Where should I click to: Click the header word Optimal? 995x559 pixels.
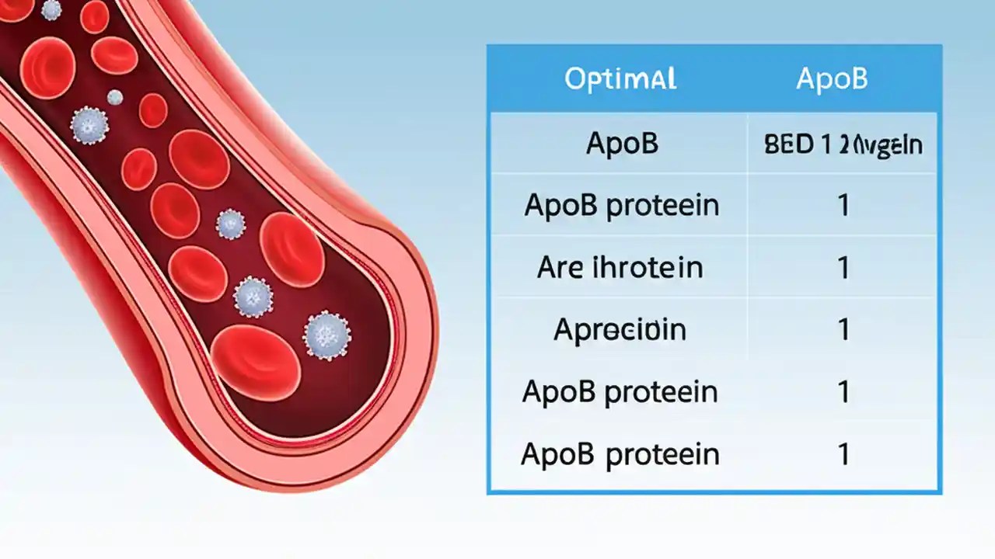coord(620,78)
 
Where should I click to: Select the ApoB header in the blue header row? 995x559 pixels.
coord(832,78)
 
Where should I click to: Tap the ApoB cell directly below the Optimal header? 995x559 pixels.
coord(622,144)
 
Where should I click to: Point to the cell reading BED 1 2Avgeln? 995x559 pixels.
coord(843,145)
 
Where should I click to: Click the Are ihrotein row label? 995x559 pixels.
coord(620,268)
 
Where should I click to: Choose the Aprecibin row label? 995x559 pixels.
coord(620,330)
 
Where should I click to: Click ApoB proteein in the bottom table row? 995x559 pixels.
coord(620,454)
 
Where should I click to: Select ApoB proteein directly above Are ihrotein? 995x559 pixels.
coord(621,206)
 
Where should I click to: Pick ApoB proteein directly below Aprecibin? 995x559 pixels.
coord(620,392)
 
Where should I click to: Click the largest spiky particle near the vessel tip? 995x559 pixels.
coord(327,335)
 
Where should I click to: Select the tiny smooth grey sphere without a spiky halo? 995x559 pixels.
coord(115,97)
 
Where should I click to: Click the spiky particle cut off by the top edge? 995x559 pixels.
coord(51,9)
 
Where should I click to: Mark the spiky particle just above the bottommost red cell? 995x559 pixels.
coord(253,296)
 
